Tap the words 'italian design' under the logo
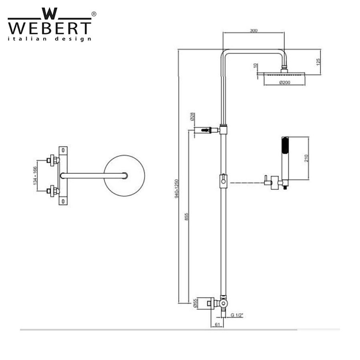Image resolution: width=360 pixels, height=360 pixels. [x=49, y=39]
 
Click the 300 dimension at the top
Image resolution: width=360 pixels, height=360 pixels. [x=254, y=31]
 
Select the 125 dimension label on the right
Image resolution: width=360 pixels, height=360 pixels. [x=319, y=62]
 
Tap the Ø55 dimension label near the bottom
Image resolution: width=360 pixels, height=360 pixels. [x=196, y=304]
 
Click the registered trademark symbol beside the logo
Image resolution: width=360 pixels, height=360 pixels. [x=93, y=14]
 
